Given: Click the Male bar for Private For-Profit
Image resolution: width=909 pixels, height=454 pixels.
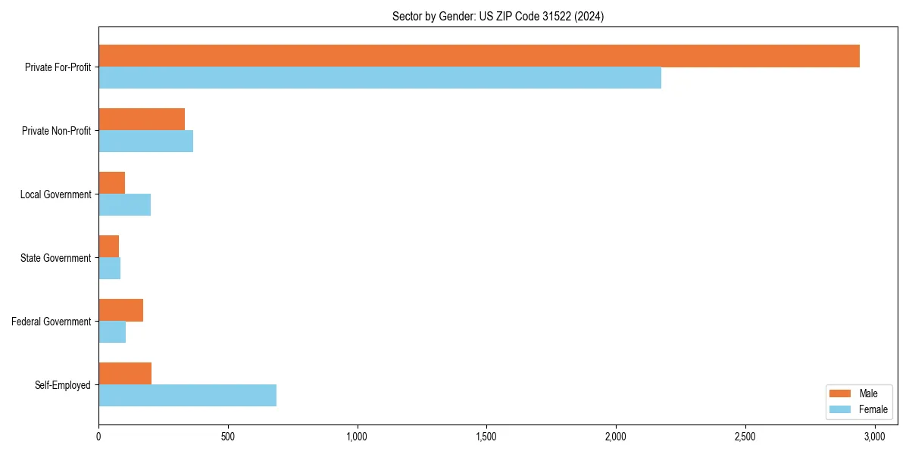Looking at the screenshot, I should [x=479, y=56].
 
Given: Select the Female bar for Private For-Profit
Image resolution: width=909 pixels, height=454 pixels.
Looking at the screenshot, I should [x=380, y=78].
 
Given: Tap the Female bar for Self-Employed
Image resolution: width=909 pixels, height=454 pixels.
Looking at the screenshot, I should [x=187, y=395].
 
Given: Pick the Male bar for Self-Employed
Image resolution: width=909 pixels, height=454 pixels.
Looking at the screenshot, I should [x=125, y=373].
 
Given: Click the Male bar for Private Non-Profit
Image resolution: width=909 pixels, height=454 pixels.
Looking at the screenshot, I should [x=142, y=120].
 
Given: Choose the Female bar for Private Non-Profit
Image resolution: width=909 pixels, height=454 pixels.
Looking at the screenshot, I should [x=145, y=141].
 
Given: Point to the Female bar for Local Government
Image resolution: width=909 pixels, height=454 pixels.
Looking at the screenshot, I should [x=124, y=205].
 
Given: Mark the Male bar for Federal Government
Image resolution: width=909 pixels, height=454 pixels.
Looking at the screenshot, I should [x=120, y=310].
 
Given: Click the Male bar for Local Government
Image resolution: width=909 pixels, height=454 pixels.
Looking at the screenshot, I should [x=111, y=183].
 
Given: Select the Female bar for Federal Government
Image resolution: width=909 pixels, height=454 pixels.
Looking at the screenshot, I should [x=112, y=332].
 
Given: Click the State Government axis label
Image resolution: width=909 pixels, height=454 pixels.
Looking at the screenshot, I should [x=55, y=258].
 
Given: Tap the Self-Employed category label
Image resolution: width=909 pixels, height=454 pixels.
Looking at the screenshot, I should [x=62, y=385].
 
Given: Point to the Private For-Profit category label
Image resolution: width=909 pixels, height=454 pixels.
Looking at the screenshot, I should [x=58, y=67].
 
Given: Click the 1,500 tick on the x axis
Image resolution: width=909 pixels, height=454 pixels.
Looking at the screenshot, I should [x=486, y=437].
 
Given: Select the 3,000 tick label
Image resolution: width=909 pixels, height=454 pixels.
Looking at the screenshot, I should [x=874, y=437].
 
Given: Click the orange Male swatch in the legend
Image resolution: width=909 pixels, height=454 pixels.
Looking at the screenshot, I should [x=840, y=393].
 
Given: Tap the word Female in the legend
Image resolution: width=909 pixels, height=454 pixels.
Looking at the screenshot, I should [x=873, y=409].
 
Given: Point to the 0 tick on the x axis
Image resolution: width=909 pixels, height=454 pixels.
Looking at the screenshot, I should [x=98, y=437].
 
